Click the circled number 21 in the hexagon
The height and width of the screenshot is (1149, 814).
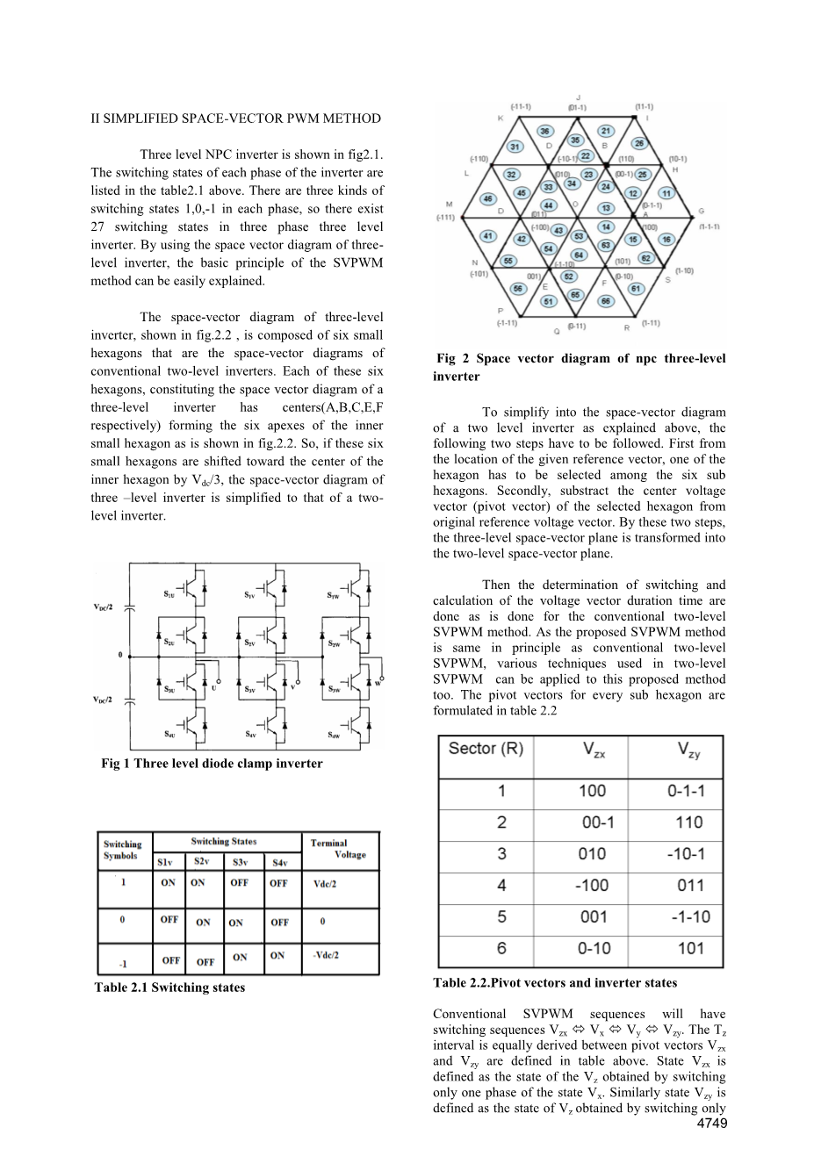tap(605, 131)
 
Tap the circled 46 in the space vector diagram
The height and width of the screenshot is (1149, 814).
tap(488, 199)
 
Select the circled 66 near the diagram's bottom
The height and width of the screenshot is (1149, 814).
tap(606, 301)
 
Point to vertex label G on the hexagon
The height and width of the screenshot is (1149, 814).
tap(701, 211)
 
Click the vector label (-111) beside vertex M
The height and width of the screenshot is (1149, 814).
tap(447, 217)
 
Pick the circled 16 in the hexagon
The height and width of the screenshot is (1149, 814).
tap(667, 239)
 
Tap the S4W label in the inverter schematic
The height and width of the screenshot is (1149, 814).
tap(335, 735)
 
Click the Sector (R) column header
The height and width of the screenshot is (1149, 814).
tap(486, 749)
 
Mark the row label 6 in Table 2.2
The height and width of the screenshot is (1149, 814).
tap(501, 948)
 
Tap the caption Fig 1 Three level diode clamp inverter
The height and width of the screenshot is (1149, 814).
tap(212, 764)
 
